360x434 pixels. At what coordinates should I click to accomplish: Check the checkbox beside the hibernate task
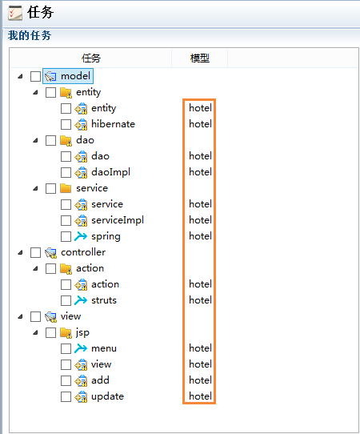tap(66, 124)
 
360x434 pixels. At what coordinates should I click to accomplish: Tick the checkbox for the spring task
tap(66, 236)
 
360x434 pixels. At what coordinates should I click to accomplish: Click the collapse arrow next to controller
tap(21, 252)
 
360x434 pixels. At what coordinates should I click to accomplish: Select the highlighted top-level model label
tap(75, 76)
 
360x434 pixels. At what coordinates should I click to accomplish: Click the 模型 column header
tap(200, 58)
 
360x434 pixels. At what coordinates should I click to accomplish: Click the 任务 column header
tap(91, 58)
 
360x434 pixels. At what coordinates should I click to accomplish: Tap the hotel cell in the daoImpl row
tap(200, 172)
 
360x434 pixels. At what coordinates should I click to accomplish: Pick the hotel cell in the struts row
tap(200, 300)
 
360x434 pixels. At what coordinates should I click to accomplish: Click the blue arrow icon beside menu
tap(81, 348)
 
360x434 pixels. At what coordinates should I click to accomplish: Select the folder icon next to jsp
tap(66, 332)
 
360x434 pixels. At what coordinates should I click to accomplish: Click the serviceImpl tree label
tap(118, 220)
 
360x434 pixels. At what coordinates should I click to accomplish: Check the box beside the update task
tap(66, 396)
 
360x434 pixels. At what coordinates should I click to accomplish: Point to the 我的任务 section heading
tap(30, 35)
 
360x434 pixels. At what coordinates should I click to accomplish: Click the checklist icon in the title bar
tap(15, 13)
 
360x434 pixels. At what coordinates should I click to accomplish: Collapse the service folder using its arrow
tap(35, 188)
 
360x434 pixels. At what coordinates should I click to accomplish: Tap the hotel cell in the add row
tap(200, 380)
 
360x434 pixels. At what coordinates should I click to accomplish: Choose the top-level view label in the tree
tap(70, 316)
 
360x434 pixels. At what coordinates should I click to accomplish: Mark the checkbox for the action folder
tap(50, 268)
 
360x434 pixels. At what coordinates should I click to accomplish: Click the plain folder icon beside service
tap(66, 188)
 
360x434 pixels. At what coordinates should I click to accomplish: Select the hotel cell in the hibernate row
tap(200, 124)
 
